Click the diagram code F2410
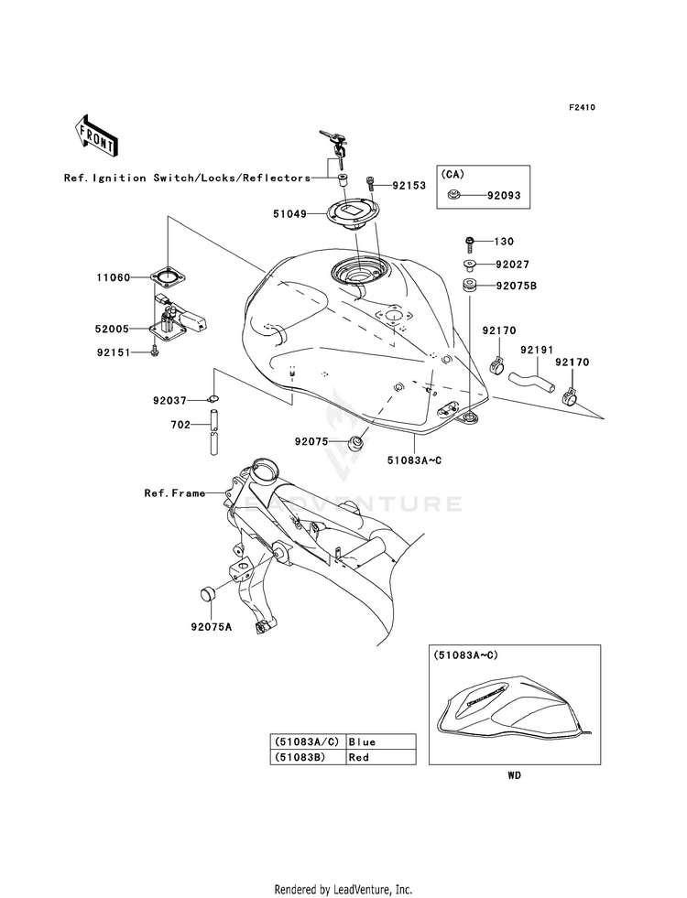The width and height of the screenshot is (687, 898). coord(582,108)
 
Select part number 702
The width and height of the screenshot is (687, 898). coord(179,424)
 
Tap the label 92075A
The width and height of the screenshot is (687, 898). coord(211,627)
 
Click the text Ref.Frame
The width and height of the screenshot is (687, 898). coord(175,492)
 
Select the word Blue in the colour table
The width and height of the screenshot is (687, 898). coord(363,741)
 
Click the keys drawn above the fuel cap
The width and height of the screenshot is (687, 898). coord(334,141)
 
